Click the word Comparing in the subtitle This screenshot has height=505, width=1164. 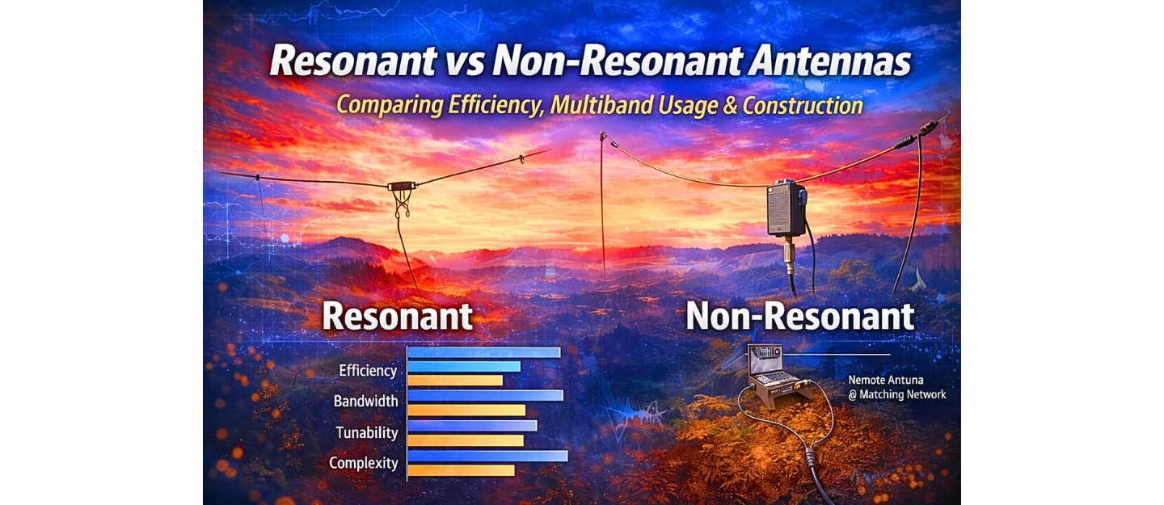point(385,105)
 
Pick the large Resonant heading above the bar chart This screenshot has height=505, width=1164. point(397,316)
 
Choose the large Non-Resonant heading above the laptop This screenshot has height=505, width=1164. point(799,316)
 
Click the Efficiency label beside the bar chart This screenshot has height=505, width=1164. point(368,371)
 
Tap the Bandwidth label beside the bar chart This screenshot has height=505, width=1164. point(365,401)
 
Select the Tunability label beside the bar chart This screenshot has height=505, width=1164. point(367,432)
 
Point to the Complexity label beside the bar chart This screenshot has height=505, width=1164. point(364,463)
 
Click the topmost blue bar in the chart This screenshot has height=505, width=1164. point(483,352)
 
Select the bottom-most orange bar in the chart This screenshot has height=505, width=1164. point(461,470)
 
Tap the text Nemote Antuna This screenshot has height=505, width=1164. point(885,379)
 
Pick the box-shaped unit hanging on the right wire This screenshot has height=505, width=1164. point(786,208)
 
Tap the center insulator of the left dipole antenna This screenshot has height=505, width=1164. point(401,187)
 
